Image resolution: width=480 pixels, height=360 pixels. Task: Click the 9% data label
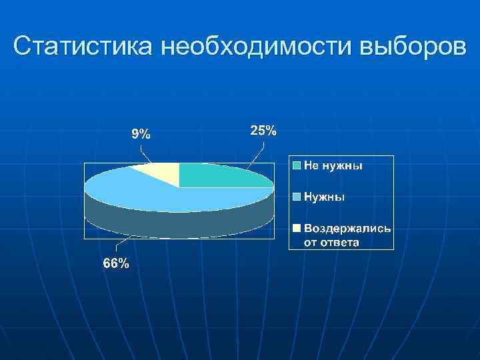(x=140, y=134)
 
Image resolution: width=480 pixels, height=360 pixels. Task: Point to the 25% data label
(x=263, y=131)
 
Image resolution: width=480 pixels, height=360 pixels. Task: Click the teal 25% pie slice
(x=220, y=175)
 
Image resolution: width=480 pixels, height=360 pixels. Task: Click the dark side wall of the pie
(x=180, y=224)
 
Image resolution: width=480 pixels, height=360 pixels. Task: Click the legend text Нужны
(x=325, y=197)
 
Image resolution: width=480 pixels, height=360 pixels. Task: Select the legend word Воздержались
(x=347, y=228)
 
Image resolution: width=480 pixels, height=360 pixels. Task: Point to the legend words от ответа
(x=331, y=242)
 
